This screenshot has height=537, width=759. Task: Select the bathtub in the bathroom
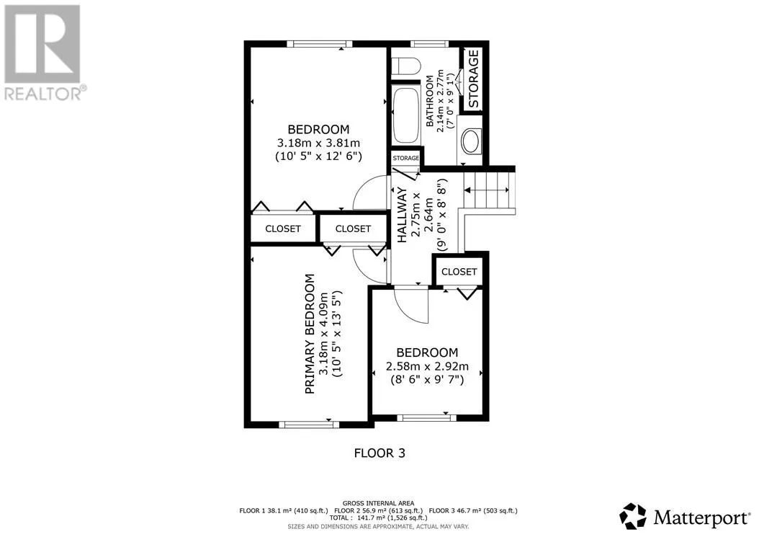tap(406, 115)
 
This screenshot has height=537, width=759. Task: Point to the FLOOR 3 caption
tap(379, 453)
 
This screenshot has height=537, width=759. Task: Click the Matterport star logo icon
tap(633, 516)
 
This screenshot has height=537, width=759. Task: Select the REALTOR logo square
tap(42, 44)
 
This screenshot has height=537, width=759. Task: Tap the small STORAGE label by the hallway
tap(405, 158)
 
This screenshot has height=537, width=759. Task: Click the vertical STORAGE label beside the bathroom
tap(473, 79)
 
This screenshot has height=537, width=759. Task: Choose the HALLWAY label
tap(403, 216)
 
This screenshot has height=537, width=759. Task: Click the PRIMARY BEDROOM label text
tap(310, 334)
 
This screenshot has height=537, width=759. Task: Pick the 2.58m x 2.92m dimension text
tap(427, 366)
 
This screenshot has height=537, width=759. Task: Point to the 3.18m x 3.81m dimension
tap(318, 143)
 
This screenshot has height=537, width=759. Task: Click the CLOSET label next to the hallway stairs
tap(459, 272)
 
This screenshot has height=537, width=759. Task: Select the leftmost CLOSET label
tap(283, 228)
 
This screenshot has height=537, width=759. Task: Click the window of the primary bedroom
tap(309, 425)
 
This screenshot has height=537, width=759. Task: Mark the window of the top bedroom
tap(320, 44)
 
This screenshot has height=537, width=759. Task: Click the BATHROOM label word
tap(430, 101)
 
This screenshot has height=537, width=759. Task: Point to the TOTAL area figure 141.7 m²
tap(371, 518)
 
